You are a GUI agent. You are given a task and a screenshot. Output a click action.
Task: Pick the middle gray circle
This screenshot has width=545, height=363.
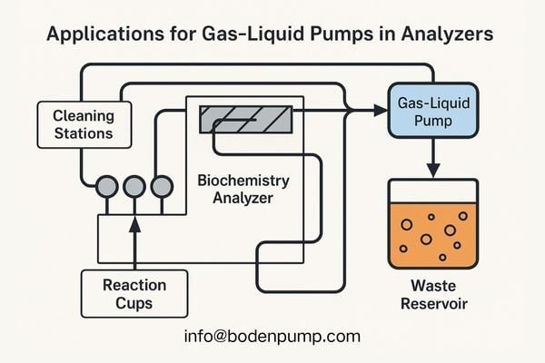(134, 186)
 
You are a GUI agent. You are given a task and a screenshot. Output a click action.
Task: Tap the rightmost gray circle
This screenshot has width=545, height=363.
(162, 186)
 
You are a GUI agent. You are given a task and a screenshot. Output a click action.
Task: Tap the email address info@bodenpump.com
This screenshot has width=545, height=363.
(272, 336)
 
